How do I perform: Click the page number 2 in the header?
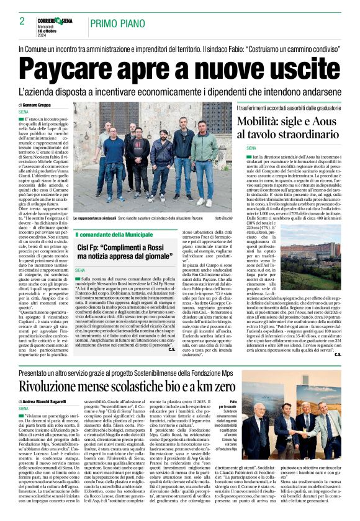pos(22,22)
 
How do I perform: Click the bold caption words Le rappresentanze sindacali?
pos(97,220)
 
